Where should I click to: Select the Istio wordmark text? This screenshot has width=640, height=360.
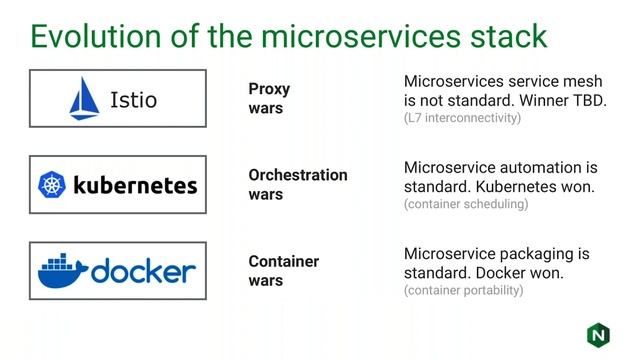tap(134, 100)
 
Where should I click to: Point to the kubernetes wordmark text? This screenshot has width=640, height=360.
tap(134, 185)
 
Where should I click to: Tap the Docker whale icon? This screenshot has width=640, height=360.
tap(62, 270)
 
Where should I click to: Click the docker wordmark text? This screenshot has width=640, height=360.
tap(143, 271)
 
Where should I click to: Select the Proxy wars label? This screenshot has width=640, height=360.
tap(269, 98)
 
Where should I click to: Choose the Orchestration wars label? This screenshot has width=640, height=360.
tap(297, 184)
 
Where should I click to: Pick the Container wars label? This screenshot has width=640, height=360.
tap(283, 271)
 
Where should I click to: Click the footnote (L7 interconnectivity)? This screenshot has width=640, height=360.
tap(463, 118)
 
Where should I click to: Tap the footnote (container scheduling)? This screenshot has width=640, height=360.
tap(466, 204)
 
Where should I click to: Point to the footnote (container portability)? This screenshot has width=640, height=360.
tap(463, 291)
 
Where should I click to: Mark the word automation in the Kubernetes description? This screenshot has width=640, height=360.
tap(534, 167)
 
